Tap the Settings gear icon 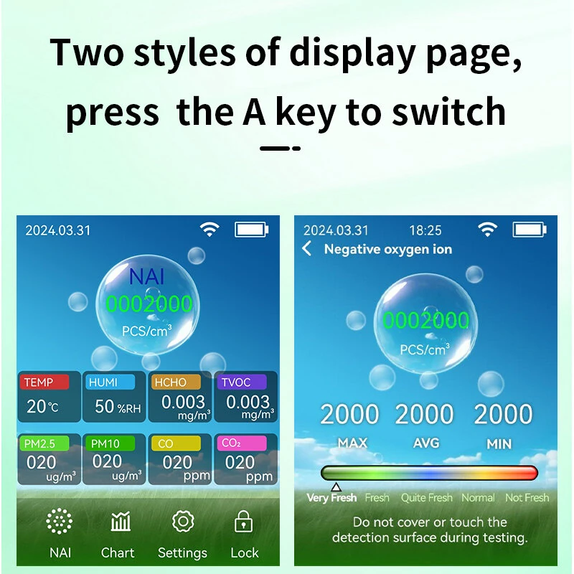pyautogui.click(x=183, y=522)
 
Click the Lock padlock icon pyautogui.click(x=244, y=522)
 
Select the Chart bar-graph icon pyautogui.click(x=121, y=522)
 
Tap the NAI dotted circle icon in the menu pyautogui.click(x=60, y=522)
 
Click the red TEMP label pyautogui.click(x=44, y=382)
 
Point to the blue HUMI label pyautogui.click(x=110, y=382)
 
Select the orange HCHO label pyautogui.click(x=176, y=382)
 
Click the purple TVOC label pyautogui.click(x=242, y=382)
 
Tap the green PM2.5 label pyautogui.click(x=44, y=443)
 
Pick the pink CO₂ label pyautogui.click(x=242, y=443)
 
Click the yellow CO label pyautogui.click(x=176, y=443)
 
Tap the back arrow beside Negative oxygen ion pyautogui.click(x=307, y=248)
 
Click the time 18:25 pyautogui.click(x=425, y=230)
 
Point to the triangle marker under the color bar pyautogui.click(x=336, y=487)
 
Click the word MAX pyautogui.click(x=352, y=443)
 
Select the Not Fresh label pyautogui.click(x=527, y=497)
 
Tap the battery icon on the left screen pyautogui.click(x=252, y=230)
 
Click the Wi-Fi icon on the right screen pyautogui.click(x=487, y=230)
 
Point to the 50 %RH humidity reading pyautogui.click(x=118, y=406)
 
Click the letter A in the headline pyautogui.click(x=255, y=111)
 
